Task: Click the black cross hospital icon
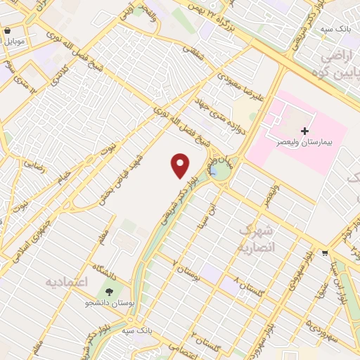[304, 131]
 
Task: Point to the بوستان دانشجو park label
[108, 303]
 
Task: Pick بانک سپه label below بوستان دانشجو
[136, 330]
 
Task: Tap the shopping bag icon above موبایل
[7, 32]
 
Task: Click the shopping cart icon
[325, 252]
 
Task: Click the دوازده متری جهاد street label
[229, 113]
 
